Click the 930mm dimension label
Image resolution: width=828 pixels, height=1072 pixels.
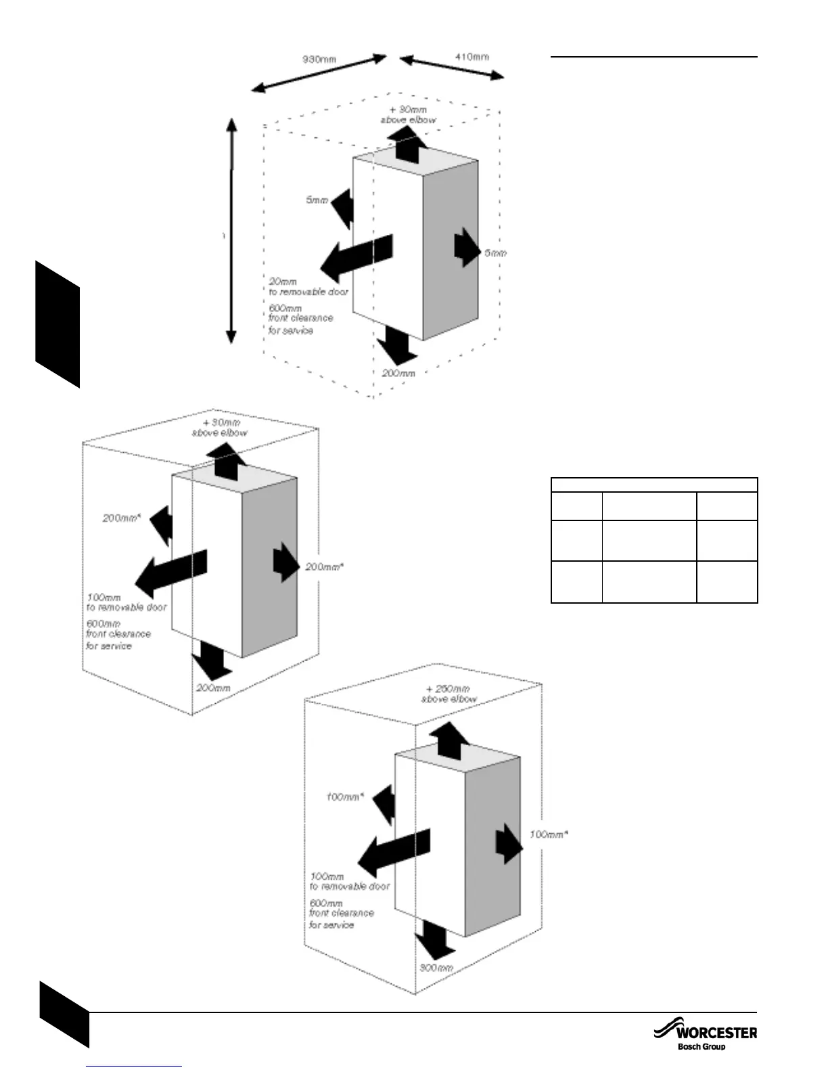tap(319, 59)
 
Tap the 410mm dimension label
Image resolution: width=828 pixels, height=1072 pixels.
tap(471, 57)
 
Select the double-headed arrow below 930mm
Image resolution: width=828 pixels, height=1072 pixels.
tap(319, 73)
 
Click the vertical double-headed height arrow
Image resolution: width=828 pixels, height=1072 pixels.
tap(231, 230)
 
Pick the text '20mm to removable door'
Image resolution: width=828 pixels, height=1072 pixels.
tap(308, 286)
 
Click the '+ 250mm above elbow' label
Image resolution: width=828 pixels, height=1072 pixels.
tap(449, 694)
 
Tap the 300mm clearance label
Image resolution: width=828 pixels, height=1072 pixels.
tap(436, 968)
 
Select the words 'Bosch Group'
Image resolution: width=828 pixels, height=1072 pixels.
tap(701, 1047)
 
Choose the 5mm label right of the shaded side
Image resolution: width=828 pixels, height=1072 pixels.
tap(495, 253)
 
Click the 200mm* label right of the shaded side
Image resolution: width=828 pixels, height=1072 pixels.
tap(324, 566)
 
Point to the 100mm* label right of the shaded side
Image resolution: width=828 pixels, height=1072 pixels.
tap(549, 834)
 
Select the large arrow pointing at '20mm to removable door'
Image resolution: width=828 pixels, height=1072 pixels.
tap(356, 257)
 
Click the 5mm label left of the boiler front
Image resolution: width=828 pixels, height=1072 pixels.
tap(317, 200)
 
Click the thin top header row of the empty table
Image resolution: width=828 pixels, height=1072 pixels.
tap(653, 485)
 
